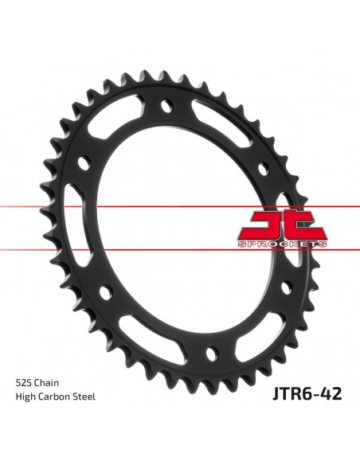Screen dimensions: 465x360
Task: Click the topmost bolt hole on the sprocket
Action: point(166,104)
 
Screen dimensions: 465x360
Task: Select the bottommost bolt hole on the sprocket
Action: point(213,351)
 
